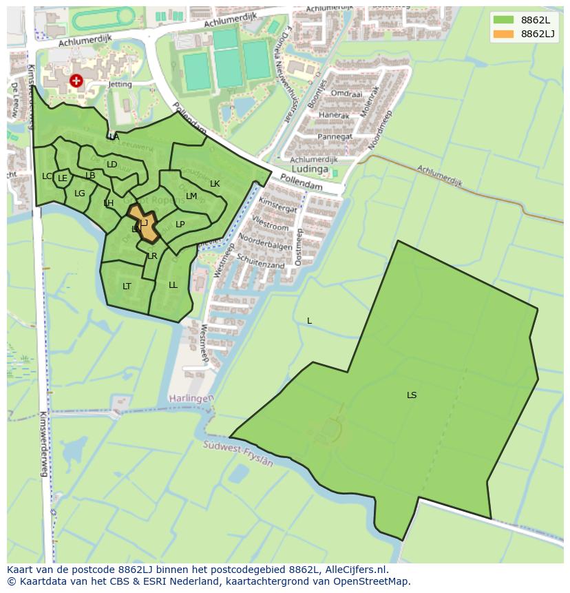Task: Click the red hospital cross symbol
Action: [x=76, y=81]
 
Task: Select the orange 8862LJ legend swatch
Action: [x=503, y=34]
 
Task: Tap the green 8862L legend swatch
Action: [x=503, y=20]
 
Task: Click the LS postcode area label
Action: [x=412, y=395]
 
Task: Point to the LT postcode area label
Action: [x=127, y=287]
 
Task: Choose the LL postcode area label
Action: [x=173, y=285]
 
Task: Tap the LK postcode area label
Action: [x=215, y=184]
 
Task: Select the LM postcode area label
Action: [x=191, y=196]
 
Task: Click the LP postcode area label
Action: [x=180, y=225]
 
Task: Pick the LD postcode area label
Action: [x=112, y=165]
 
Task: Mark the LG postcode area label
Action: [x=80, y=194]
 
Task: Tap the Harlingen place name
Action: [x=191, y=399]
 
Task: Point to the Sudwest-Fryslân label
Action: [x=238, y=455]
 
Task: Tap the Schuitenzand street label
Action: [x=260, y=260]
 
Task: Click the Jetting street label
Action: [x=101, y=84]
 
